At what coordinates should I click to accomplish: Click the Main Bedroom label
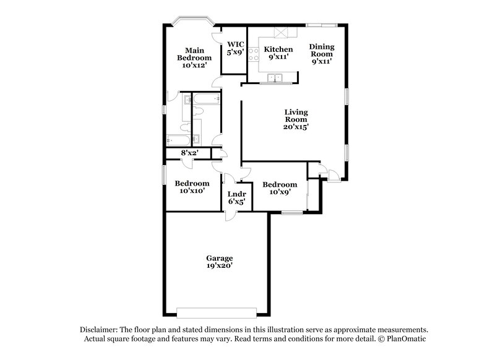point(191,58)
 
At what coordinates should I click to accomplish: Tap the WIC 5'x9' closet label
point(235,48)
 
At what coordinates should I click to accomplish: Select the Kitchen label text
point(278,49)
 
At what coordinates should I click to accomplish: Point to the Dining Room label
point(322,53)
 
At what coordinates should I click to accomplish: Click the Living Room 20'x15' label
point(296,119)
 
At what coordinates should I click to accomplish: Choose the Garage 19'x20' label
point(220,261)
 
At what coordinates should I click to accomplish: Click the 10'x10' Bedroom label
point(192,187)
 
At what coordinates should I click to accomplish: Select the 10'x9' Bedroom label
point(280,189)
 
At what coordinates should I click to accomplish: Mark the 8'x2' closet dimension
point(189,153)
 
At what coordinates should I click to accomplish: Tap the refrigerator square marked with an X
point(282,33)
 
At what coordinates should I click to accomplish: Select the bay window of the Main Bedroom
point(192,22)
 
